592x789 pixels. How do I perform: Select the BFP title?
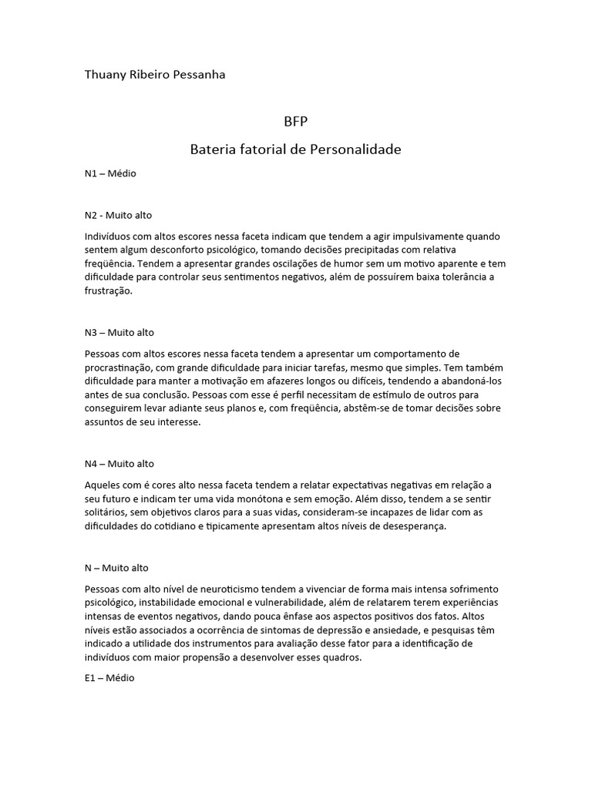tap(296, 122)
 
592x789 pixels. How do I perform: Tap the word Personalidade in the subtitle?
tap(355, 149)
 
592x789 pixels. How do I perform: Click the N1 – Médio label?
tap(110, 173)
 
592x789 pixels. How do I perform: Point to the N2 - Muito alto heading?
tap(123, 215)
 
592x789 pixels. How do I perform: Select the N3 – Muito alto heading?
tap(119, 332)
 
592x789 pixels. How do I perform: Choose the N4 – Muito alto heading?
tap(119, 464)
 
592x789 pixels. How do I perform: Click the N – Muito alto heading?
tap(116, 568)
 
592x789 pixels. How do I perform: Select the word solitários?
tap(108, 512)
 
